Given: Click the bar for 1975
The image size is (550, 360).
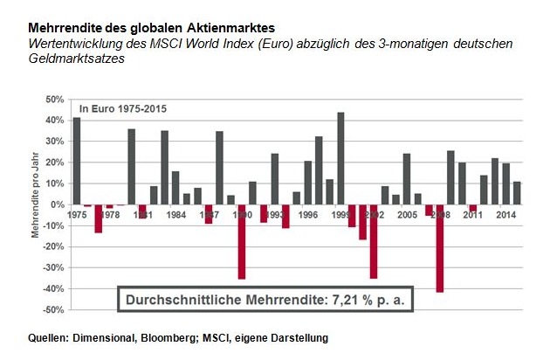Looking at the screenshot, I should pos(77,161).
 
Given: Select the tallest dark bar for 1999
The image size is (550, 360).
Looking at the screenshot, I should pos(340,158).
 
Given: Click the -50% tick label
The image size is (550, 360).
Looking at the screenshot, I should pos(53,309).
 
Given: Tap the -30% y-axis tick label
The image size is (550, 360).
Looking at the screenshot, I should pos(53,267).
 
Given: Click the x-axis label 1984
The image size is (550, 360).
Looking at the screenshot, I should pos(175,215).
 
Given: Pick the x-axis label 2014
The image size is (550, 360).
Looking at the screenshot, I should pos(505,215).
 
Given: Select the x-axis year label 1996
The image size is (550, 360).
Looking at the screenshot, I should pos(307,215).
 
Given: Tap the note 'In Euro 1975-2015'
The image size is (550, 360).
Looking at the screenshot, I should pos(122,108).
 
